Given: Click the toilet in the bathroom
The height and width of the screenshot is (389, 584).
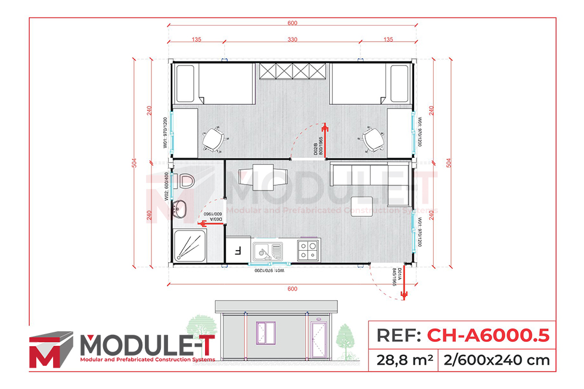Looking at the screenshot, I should point(187,181).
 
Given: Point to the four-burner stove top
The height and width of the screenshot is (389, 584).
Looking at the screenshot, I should point(308,251).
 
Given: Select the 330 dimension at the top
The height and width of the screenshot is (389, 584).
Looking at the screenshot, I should point(293,40).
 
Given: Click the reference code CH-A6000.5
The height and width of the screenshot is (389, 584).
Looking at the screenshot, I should point(487,335).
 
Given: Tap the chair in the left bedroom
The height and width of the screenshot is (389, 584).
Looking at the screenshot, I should point(212,139).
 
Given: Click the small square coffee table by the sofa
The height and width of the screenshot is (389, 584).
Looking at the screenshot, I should point(362,206).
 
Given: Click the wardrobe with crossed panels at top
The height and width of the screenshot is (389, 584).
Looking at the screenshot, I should point(292,70).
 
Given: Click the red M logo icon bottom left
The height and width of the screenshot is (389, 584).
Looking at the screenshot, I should point(51,350).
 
